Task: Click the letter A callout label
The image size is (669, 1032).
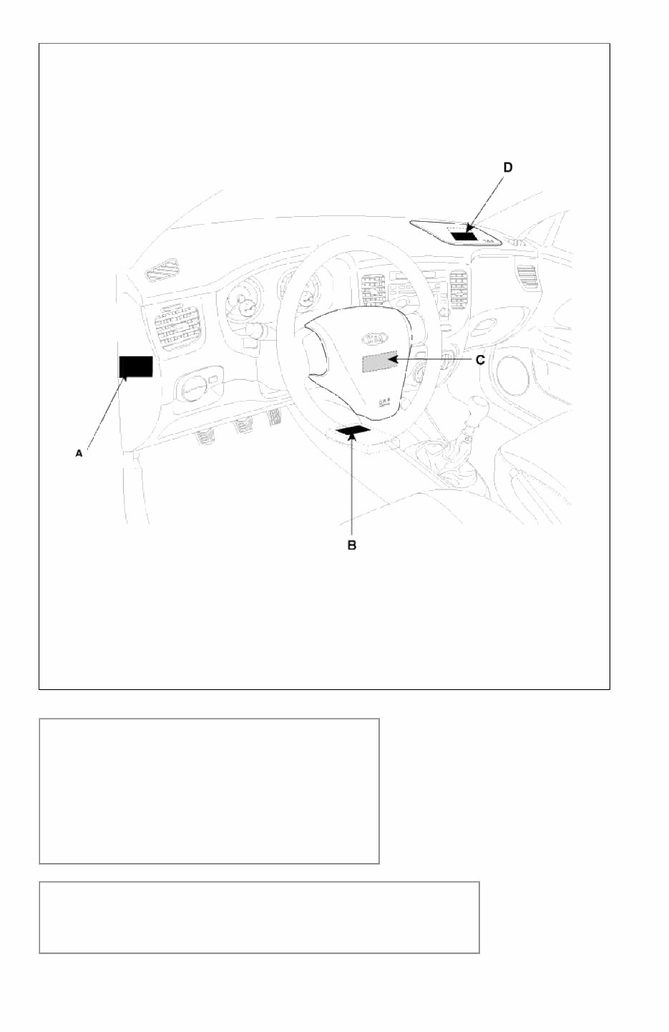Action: coord(79,453)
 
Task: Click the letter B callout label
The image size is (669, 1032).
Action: coord(352,545)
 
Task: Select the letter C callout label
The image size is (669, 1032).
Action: coord(480,360)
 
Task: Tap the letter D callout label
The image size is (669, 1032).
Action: coord(507,167)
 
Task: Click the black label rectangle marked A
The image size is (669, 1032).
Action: coord(136,366)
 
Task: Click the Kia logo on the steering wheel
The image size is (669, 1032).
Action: coord(371,339)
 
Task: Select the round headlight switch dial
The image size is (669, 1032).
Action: coord(192,391)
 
